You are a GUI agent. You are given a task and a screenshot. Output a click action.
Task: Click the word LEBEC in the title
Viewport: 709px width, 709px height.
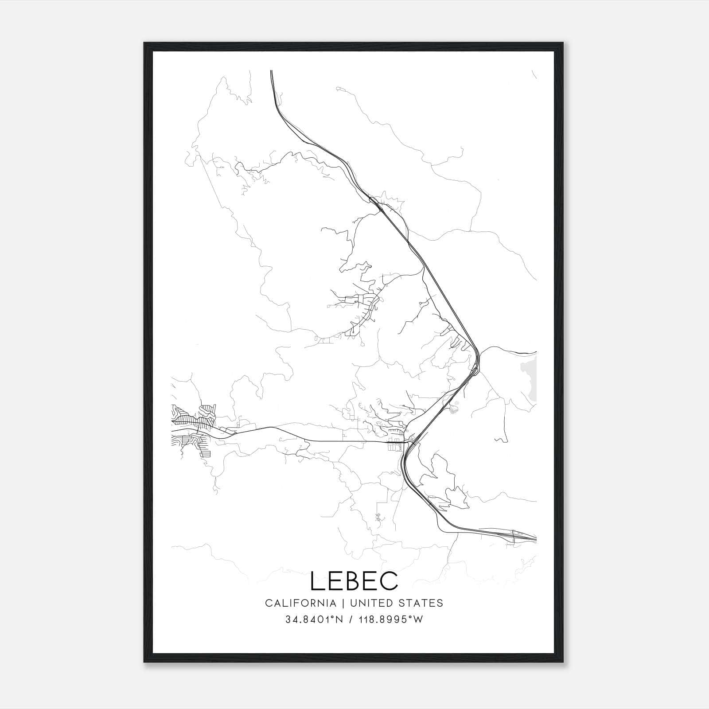354,581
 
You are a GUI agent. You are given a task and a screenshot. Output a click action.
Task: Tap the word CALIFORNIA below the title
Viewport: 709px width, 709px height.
300,603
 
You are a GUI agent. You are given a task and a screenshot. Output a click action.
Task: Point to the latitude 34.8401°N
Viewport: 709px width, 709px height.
315,620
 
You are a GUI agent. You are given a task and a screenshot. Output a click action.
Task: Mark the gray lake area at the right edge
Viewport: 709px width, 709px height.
530,377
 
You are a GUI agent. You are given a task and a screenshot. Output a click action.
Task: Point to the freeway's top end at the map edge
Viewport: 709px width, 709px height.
271,72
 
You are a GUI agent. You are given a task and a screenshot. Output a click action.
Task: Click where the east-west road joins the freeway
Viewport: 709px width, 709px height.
407,442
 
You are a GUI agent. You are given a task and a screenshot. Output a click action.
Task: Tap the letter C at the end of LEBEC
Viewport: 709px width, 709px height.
389,581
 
